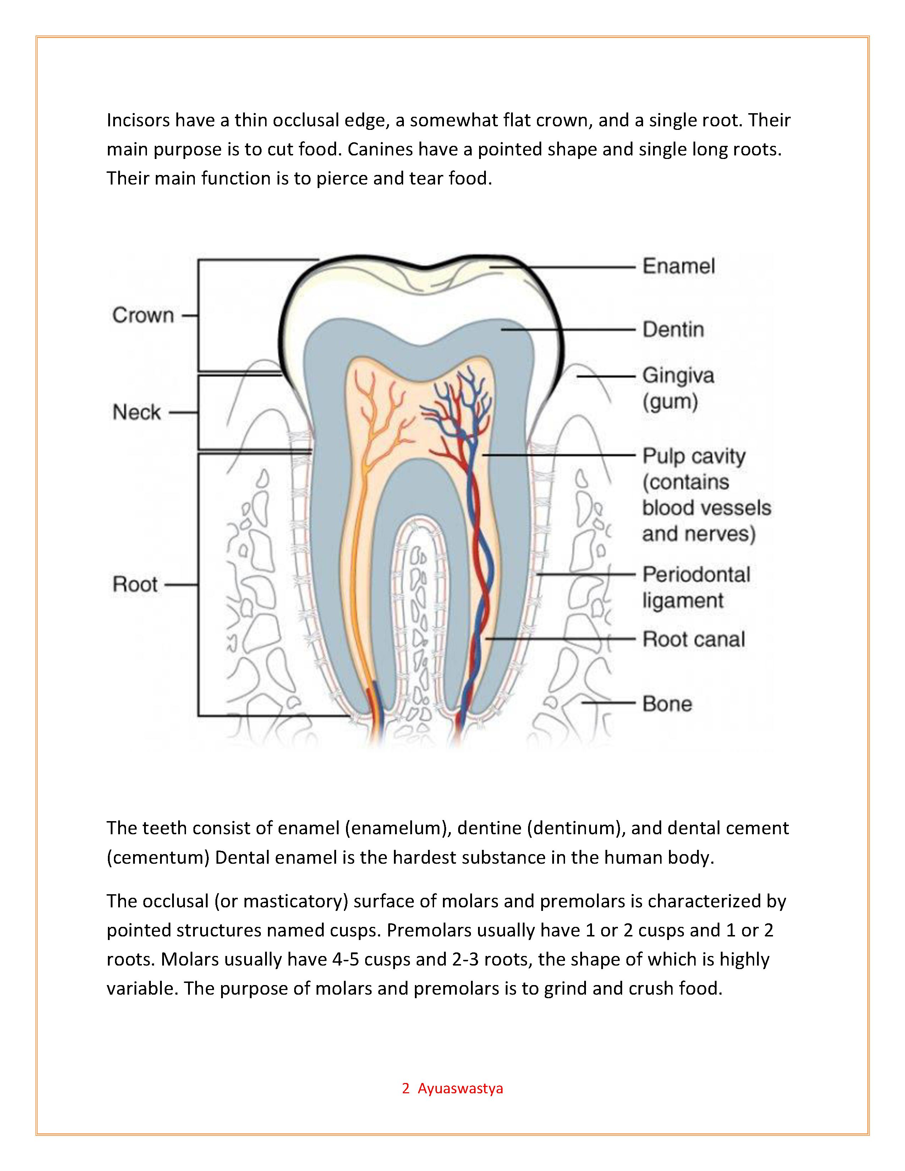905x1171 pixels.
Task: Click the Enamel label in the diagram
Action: [678, 266]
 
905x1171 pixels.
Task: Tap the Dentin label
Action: [673, 329]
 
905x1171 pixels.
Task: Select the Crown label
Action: [143, 315]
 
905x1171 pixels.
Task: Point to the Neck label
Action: [137, 412]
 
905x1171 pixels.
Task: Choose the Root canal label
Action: [694, 639]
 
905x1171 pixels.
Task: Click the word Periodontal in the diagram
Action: [696, 574]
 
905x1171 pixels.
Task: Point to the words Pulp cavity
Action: [694, 456]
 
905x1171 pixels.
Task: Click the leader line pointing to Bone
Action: [609, 702]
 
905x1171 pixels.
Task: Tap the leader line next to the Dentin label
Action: [568, 329]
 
